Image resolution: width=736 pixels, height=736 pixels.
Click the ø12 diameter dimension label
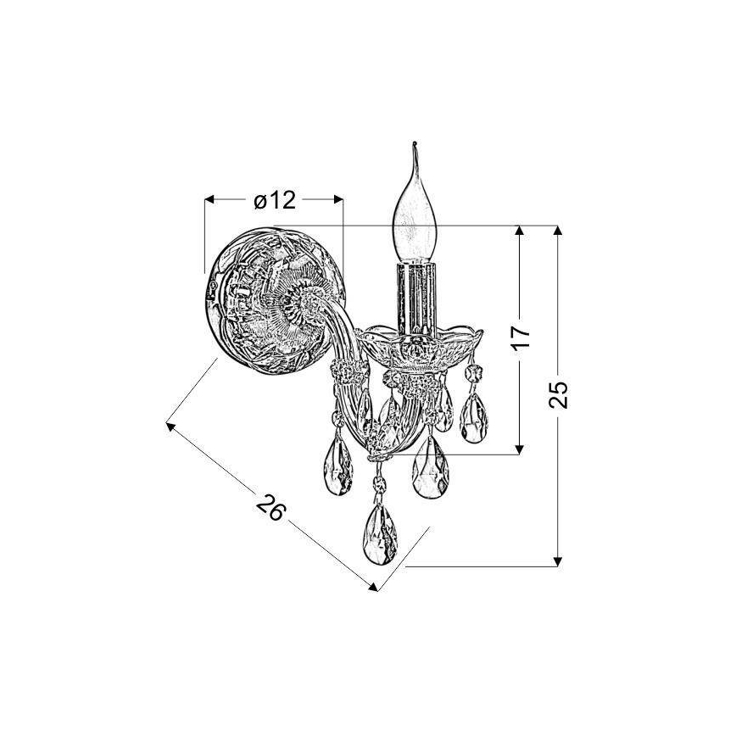[x=275, y=200]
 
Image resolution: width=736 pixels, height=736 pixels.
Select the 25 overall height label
[x=558, y=394]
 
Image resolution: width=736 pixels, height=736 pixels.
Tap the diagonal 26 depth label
[x=271, y=507]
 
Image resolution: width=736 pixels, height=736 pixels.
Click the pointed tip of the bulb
[x=414, y=142]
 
